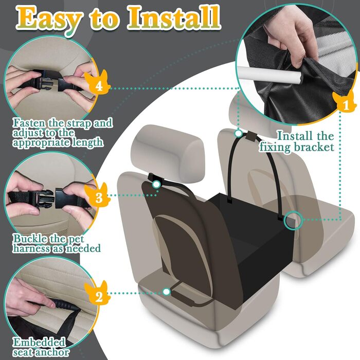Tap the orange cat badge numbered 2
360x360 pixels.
[x=98, y=293]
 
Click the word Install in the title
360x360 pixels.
[x=174, y=18]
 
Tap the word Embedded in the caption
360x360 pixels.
[x=39, y=343]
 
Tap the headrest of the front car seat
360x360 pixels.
[x=168, y=153]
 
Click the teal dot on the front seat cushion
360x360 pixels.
[x=167, y=292]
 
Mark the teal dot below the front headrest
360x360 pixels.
[x=156, y=184]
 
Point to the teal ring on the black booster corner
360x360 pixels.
[x=293, y=220]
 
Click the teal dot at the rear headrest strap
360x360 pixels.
[x=239, y=133]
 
